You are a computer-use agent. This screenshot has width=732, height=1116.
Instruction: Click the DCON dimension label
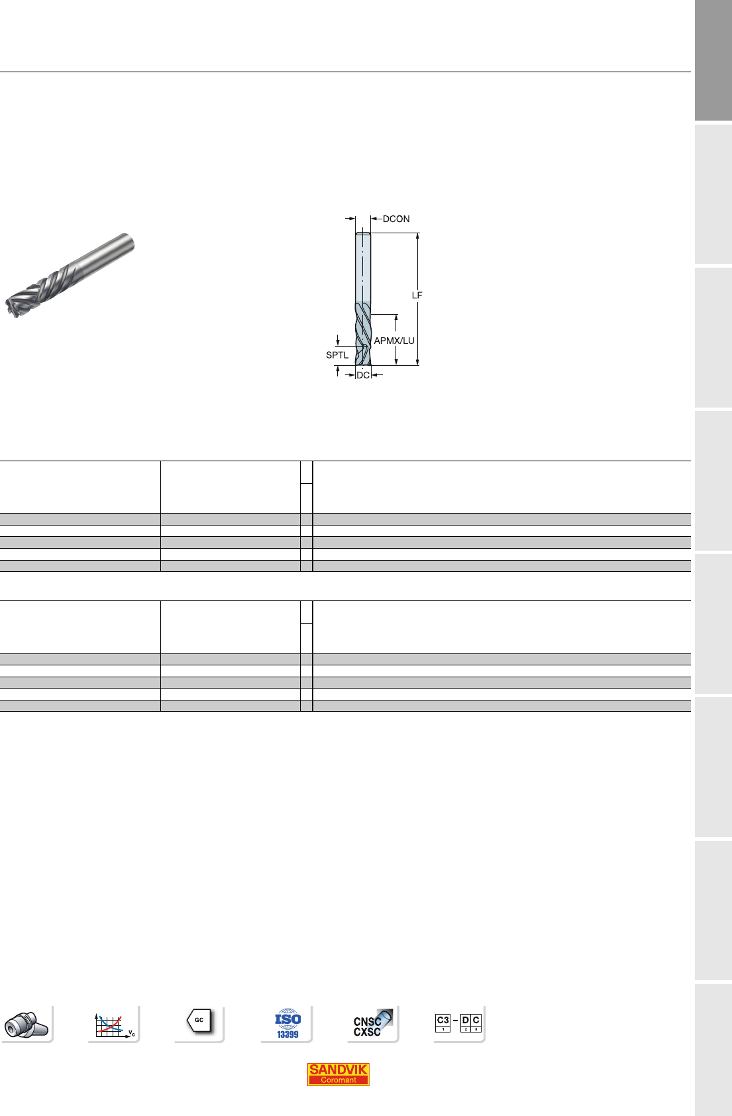point(396,219)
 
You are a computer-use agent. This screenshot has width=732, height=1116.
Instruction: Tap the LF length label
point(417,295)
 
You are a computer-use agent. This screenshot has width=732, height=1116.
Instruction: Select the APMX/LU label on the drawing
point(394,341)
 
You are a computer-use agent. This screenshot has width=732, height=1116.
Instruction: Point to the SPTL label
point(337,355)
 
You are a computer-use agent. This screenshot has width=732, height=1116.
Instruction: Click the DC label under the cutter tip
point(363,375)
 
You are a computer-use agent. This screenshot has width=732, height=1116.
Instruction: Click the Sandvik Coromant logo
point(338,1074)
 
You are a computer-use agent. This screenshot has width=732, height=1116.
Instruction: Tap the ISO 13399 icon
point(288,1023)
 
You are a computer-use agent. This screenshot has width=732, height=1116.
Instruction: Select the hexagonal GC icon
point(199,1021)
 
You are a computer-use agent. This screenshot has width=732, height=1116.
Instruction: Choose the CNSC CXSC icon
point(372,1024)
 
